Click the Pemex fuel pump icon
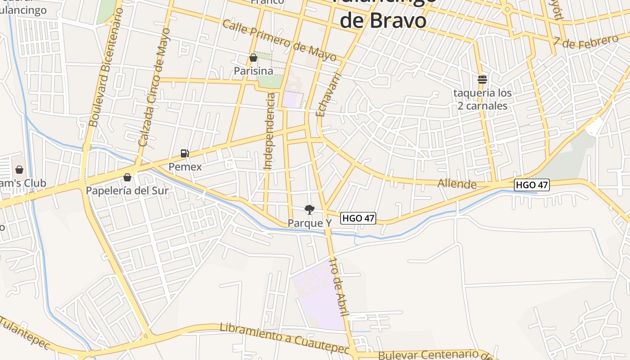tap(184, 153)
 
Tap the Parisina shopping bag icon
tap(253, 58)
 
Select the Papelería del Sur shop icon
tap(127, 177)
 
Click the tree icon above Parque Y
tap(309, 209)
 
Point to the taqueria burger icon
tap(482, 80)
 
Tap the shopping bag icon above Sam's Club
tap(19, 170)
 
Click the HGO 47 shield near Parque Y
tap(358, 218)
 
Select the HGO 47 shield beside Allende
tap(532, 184)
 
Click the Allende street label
tap(457, 184)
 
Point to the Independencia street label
tap(270, 131)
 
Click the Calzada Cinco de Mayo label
tap(154, 87)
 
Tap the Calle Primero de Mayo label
tap(279, 40)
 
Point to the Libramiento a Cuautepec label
tap(284, 338)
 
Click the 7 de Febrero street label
tap(586, 40)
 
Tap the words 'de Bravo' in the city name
tap(382, 20)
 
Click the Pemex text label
tap(185, 166)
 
